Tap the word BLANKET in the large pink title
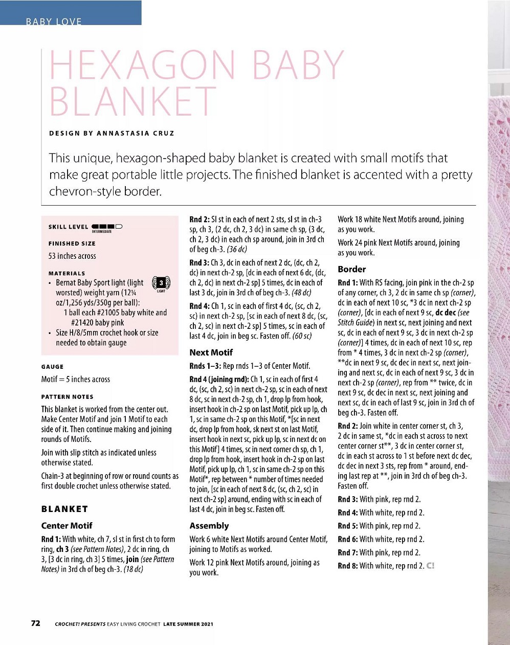click(x=133, y=101)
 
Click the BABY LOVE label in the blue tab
click(x=54, y=21)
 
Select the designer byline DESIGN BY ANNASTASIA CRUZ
click(x=112, y=133)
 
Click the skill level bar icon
click(x=107, y=227)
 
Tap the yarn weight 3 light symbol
click(x=161, y=283)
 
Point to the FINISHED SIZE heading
click(x=72, y=243)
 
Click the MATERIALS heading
click(x=66, y=273)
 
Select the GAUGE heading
click(x=52, y=366)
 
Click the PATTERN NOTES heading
click(x=67, y=396)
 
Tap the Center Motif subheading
click(x=66, y=525)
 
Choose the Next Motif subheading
click(x=211, y=352)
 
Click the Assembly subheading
click(x=209, y=525)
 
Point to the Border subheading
click(x=352, y=269)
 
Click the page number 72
click(x=35, y=623)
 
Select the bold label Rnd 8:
click(x=348, y=566)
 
